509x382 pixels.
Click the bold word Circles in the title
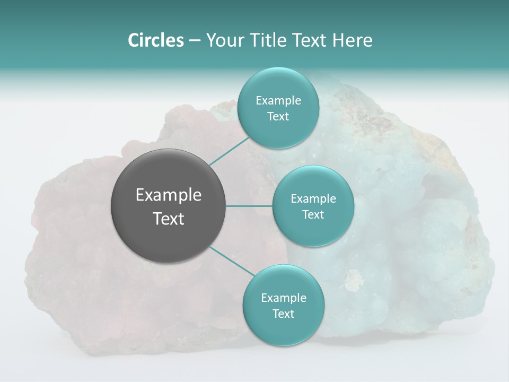click(x=156, y=40)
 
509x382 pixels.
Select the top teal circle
click(x=278, y=108)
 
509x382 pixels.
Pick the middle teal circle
click(x=313, y=206)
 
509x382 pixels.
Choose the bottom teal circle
click(x=283, y=305)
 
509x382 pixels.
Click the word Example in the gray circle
click(x=169, y=195)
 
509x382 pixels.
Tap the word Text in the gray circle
click(x=169, y=219)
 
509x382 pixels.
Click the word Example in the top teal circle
click(x=278, y=100)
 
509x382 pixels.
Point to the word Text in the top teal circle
click(x=278, y=116)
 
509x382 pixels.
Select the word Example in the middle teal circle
click(x=313, y=198)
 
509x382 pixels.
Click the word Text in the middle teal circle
click(x=313, y=214)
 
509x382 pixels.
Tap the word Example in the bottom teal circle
click(x=283, y=298)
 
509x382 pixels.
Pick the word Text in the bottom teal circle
click(x=283, y=314)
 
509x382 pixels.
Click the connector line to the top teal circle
click(x=229, y=151)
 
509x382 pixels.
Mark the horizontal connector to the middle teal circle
click(x=249, y=206)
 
